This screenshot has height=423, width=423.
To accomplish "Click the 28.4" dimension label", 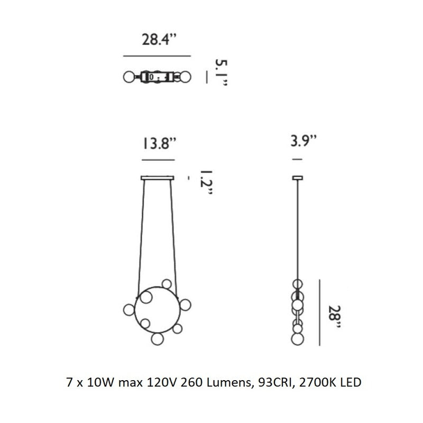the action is pos(159,40).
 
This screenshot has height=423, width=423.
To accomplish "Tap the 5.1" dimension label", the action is pos(221,72).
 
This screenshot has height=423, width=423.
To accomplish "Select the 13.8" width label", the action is pos(159,143).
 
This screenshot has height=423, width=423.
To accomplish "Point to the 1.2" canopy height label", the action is pos(206,182).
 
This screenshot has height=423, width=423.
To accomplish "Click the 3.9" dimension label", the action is pos(303,141).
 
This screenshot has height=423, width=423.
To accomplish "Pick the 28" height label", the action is pos(335,316).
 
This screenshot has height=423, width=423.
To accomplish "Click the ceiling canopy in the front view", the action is pos(158,178).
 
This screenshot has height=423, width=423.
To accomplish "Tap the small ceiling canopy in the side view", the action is pos(298,178).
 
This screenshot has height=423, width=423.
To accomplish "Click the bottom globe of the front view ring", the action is pos(157,339).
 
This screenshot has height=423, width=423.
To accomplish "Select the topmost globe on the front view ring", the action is pos(167,284).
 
